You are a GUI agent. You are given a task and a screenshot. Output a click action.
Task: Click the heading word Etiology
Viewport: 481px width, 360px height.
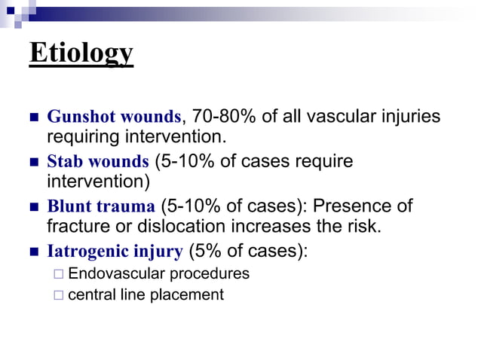click(81, 53)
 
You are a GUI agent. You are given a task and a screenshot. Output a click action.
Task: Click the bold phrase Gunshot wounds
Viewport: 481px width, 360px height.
click(114, 117)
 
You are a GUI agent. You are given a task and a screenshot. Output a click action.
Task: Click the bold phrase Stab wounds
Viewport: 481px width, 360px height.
click(98, 162)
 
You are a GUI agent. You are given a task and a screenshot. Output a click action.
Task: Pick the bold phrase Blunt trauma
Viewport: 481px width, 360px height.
click(101, 206)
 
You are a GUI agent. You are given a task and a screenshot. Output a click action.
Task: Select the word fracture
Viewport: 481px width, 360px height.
click(78, 227)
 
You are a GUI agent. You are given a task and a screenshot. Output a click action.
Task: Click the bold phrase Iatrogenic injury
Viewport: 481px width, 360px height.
click(115, 252)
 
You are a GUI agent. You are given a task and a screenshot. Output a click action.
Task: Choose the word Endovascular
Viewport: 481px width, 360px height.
click(110, 273)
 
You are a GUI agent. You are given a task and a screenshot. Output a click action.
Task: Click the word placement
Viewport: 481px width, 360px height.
click(190, 294)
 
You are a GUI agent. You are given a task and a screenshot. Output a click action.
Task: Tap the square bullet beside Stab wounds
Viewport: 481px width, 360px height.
click(32, 163)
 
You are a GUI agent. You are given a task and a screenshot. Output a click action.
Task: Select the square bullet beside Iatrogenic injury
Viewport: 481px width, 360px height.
click(32, 252)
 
